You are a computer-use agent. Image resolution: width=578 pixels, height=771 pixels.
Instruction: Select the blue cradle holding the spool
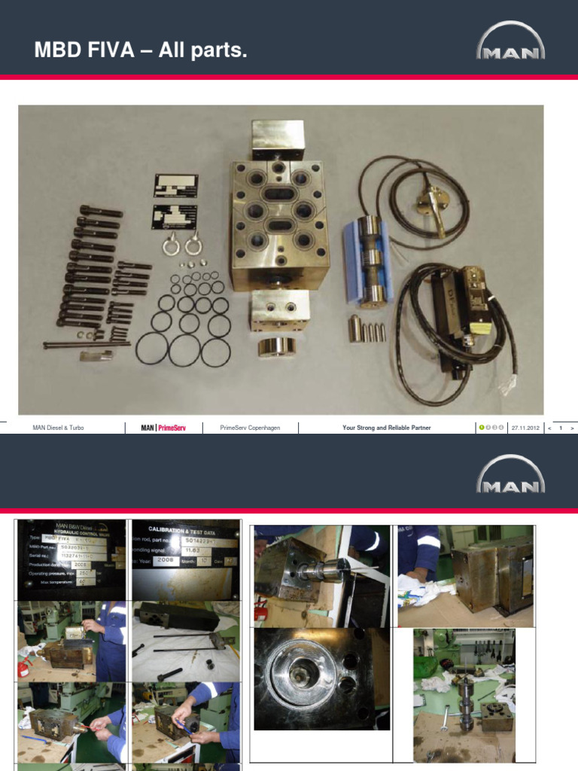[x=369, y=260]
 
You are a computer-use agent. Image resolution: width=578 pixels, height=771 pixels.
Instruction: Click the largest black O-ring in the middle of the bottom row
[x=184, y=350]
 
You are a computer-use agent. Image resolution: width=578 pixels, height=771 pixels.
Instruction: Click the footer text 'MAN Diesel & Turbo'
[x=59, y=428]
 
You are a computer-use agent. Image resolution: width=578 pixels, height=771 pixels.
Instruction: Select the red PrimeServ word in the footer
[x=172, y=428]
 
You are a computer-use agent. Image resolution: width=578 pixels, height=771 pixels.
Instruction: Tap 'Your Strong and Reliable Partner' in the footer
[x=386, y=428]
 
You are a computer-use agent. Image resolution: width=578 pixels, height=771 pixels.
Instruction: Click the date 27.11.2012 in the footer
[x=525, y=428]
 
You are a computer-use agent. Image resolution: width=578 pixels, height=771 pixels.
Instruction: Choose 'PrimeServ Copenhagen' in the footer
[x=250, y=428]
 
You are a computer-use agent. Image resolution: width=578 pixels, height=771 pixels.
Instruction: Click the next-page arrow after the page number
[x=573, y=428]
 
